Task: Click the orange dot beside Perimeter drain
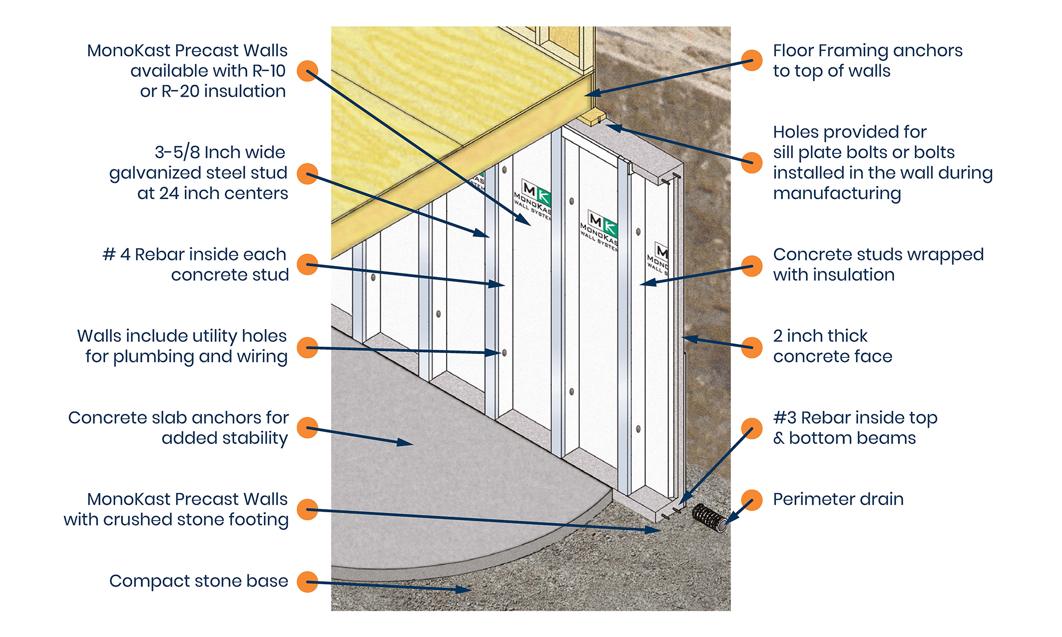[x=751, y=500]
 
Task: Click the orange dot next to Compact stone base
[x=307, y=582]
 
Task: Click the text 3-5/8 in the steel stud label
[x=177, y=152]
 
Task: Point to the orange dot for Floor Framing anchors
[x=751, y=61]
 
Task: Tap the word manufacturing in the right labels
[x=837, y=194]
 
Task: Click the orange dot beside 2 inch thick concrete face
[x=751, y=347]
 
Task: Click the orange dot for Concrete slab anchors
[x=307, y=427]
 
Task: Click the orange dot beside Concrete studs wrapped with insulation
[x=751, y=266]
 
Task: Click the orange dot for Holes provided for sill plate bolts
[x=751, y=162]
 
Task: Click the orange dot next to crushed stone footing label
[x=307, y=510]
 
